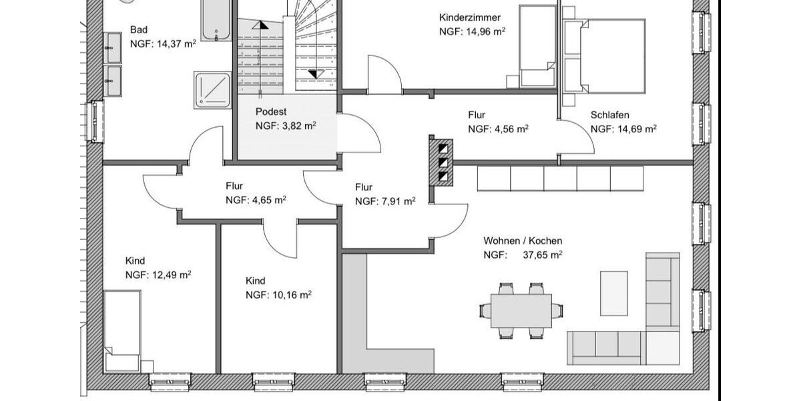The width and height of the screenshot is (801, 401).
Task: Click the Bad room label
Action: click(x=139, y=30)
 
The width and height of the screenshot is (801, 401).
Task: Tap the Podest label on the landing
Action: click(x=270, y=112)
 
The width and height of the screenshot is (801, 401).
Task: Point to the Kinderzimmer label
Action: click(x=469, y=17)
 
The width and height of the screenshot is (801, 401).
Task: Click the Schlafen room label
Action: click(x=609, y=115)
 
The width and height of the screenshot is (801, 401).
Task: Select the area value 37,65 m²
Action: click(x=542, y=255)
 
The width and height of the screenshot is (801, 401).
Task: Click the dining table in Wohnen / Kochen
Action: click(x=521, y=311)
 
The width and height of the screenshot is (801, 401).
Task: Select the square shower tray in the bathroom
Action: click(x=212, y=90)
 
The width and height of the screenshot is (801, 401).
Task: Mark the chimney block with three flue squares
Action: click(x=441, y=162)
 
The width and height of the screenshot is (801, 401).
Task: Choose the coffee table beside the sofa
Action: click(x=613, y=293)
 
